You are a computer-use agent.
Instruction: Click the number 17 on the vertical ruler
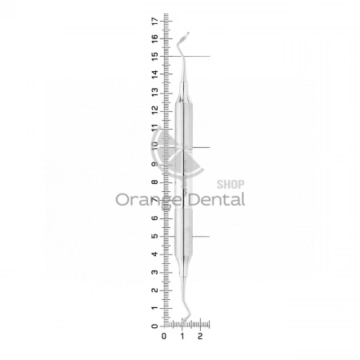coord(154,21)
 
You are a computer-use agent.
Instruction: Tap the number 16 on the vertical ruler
coord(154,38)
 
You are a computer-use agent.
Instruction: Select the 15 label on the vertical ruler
coord(154,57)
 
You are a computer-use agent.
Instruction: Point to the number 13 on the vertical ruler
coord(154,92)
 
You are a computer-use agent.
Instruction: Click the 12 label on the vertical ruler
coord(154,110)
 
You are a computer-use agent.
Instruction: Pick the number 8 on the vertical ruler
coord(154,182)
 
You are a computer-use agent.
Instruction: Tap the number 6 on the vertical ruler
coord(154,218)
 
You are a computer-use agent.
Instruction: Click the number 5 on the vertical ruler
coord(154,236)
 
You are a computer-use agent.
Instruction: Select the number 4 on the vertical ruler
coord(154,254)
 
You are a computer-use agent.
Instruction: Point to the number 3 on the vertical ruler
coord(154,272)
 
